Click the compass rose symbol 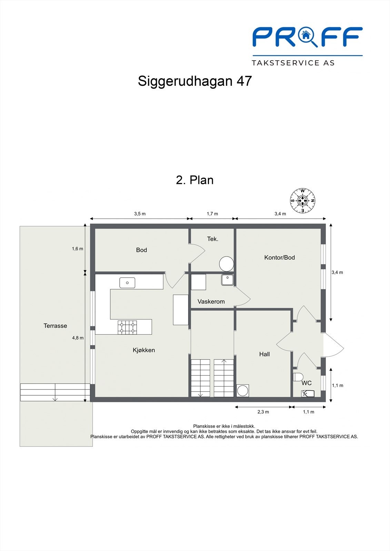(302, 201)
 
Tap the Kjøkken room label (144, 350)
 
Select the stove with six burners (127, 327)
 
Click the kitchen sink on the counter (127, 283)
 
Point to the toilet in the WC (298, 377)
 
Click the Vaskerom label (211, 302)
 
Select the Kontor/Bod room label (279, 258)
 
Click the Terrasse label (55, 326)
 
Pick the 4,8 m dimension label (78, 338)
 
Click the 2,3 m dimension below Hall (263, 412)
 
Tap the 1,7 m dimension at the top (212, 214)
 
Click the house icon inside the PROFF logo (305, 34)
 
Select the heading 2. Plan (195, 180)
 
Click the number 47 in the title (244, 81)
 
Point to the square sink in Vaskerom (228, 280)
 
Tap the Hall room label (264, 354)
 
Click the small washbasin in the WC (308, 393)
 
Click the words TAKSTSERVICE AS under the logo (293, 63)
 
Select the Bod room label (141, 250)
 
